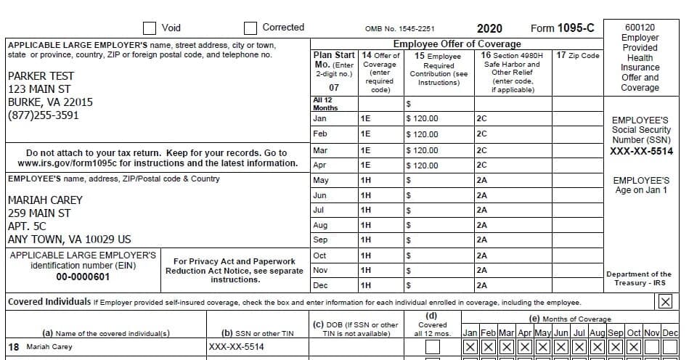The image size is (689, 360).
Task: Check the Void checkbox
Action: pos(150,28)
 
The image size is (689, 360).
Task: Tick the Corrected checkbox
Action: pos(250,28)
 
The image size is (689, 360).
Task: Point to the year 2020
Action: pos(489,28)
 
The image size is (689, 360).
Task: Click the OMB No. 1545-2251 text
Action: pos(399,29)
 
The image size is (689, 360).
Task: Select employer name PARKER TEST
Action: pos(41,76)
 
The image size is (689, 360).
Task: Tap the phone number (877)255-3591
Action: pos(43,115)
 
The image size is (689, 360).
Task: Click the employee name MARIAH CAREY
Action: pos(45,200)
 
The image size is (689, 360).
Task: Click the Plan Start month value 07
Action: pos(334,88)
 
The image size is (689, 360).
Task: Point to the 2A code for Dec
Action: pos(482,285)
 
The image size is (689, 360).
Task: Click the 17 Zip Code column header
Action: pos(577,55)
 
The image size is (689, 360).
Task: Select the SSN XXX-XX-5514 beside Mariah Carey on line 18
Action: pos(237,347)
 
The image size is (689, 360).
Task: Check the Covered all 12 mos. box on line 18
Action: pos(432,347)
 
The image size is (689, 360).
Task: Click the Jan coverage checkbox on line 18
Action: pos(470,347)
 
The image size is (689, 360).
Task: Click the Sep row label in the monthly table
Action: pos(320,240)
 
